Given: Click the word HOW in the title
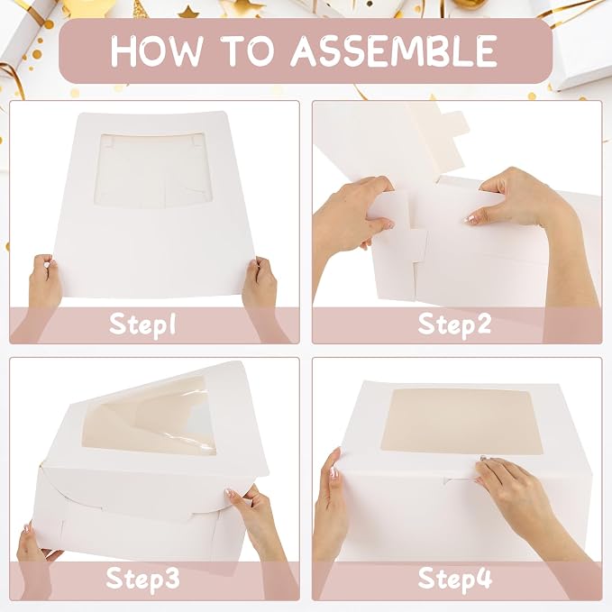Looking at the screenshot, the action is (157, 50).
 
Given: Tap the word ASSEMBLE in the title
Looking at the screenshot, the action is (394, 50).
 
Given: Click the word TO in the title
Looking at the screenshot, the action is (247, 50).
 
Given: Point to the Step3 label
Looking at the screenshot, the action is (142, 578).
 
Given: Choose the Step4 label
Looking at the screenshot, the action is (454, 578).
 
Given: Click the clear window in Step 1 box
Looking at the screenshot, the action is (153, 170).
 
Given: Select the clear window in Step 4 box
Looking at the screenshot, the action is (462, 422).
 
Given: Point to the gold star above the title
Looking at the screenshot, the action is (188, 12).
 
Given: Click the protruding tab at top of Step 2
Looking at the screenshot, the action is (455, 124).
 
